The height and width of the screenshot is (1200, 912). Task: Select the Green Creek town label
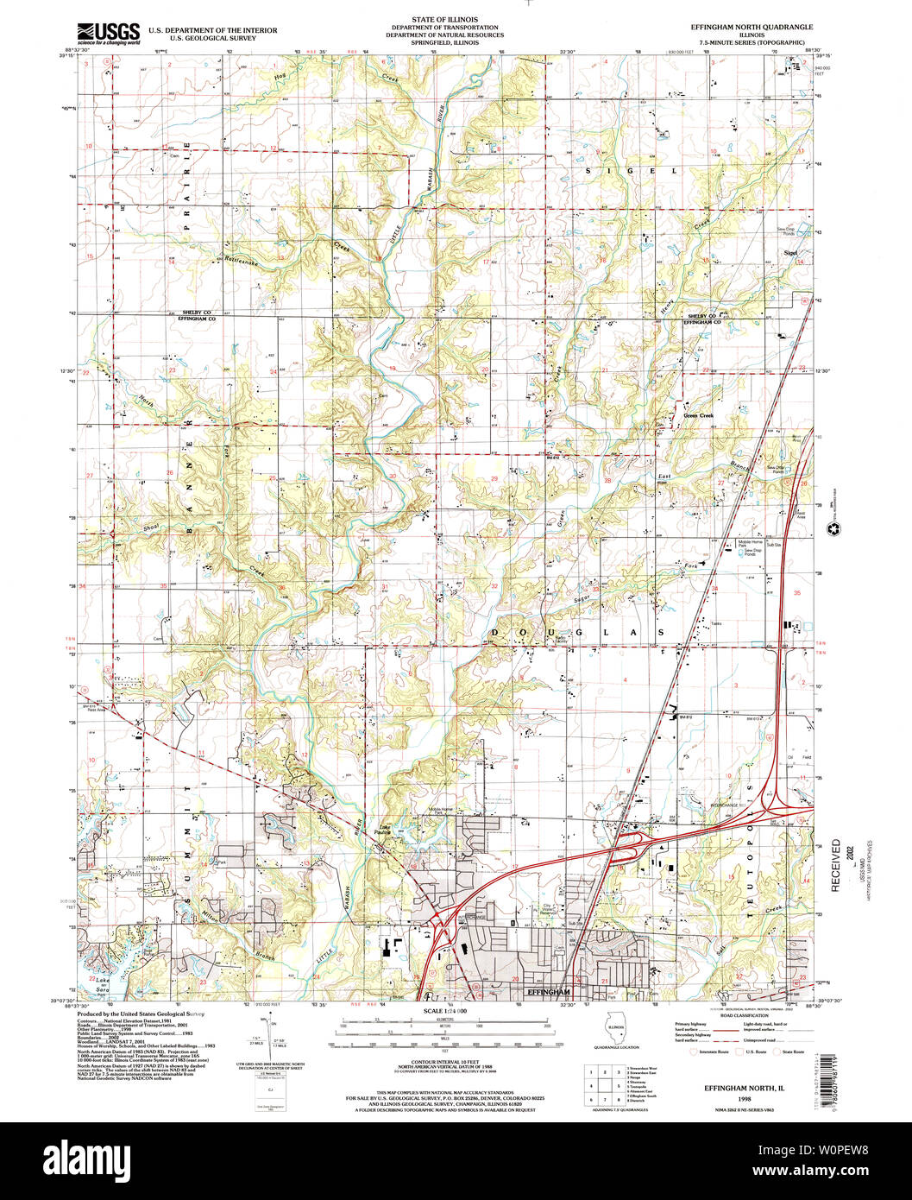(x=699, y=416)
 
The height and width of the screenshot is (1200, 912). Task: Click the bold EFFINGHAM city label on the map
(x=549, y=992)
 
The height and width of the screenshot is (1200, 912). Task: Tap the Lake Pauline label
(x=386, y=829)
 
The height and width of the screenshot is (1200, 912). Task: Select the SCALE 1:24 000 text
(x=444, y=1011)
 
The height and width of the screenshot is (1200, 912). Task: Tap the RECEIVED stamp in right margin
(x=835, y=863)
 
